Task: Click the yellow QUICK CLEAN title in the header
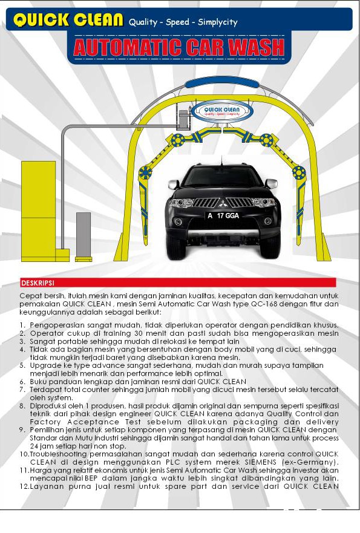point(68,20)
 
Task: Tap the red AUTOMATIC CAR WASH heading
point(179,47)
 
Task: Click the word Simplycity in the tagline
point(218,22)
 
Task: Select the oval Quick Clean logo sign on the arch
point(222,111)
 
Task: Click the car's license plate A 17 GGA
point(223,215)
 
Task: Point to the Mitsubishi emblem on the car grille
point(223,204)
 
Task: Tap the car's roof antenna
point(222,161)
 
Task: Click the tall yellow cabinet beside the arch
point(38,211)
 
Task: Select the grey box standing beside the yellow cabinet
point(83,235)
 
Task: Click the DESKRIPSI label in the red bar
point(38,283)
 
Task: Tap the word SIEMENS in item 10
point(261,462)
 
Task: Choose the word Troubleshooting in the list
point(59,454)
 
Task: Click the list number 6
point(22,382)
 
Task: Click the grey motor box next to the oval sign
point(183,119)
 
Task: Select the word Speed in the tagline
point(177,22)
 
